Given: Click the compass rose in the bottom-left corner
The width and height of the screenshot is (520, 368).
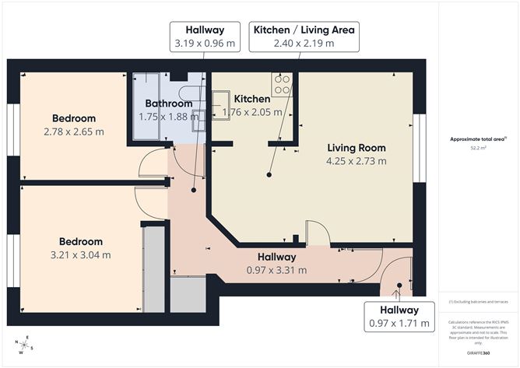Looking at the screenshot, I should point(26,345).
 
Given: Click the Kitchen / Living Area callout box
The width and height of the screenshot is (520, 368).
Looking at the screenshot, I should point(304,37).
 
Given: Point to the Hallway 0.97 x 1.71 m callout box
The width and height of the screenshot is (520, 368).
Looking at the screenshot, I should point(399,317).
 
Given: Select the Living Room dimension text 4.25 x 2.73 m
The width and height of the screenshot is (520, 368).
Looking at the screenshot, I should point(357,161).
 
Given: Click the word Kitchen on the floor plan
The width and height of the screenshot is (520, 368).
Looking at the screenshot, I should point(252,99).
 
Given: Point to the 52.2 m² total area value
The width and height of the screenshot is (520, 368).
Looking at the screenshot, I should point(475,147).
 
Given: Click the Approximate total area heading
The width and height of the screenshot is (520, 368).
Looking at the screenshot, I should point(475,138).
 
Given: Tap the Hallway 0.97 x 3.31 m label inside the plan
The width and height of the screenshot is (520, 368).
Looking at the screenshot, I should point(276,271).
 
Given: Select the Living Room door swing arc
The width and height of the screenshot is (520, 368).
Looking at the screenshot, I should point(318,231).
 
